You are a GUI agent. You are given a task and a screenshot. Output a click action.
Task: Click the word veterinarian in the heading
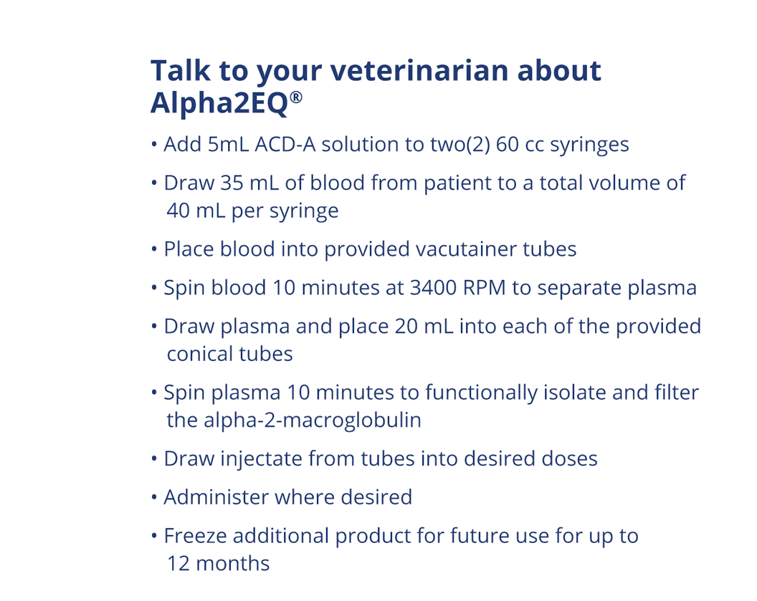[x=419, y=71]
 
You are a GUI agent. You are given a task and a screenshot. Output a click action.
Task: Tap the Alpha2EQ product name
[x=219, y=102]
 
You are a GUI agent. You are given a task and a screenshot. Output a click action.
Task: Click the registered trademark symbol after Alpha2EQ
[x=297, y=97]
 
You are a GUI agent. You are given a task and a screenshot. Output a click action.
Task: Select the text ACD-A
[x=285, y=144]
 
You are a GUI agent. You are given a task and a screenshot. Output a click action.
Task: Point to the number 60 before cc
[x=508, y=144]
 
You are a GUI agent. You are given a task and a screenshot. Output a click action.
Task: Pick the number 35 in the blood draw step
[x=232, y=183]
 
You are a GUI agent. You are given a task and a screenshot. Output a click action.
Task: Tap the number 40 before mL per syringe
[x=178, y=211]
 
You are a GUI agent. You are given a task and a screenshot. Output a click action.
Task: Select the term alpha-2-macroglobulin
[x=294, y=420]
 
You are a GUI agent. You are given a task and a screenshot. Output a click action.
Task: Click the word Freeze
[x=196, y=536]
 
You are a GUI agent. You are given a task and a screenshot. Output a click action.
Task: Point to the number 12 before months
[x=178, y=563]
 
